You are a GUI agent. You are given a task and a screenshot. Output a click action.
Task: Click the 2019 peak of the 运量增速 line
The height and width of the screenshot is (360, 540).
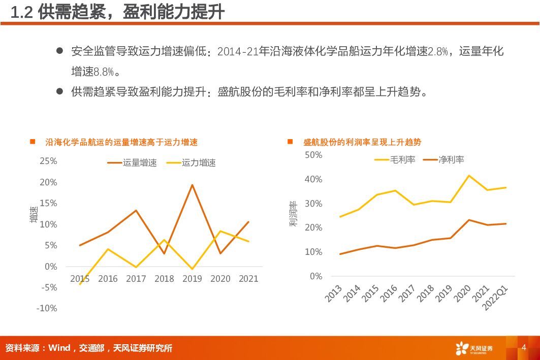192,185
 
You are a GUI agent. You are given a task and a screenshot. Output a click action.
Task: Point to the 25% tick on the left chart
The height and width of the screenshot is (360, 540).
48,161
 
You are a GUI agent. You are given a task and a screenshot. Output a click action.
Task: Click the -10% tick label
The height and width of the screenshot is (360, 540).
47,308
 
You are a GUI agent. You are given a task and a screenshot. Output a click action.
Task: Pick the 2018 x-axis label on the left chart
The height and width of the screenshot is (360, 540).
164,279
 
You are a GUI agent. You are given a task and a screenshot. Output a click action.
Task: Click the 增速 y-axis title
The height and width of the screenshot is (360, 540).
34,214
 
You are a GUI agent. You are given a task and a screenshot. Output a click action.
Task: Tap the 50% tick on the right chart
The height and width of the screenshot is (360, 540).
313,155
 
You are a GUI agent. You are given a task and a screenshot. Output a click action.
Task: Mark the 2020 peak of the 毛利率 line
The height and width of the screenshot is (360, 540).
469,176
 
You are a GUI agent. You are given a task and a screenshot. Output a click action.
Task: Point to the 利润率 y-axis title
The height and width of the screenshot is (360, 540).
294,214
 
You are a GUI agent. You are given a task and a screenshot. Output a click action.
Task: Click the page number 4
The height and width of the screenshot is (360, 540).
524,347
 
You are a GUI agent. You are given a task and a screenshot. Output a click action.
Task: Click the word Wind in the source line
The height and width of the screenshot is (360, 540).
59,348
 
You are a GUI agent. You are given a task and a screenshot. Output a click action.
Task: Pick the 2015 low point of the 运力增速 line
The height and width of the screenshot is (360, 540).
80,284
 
